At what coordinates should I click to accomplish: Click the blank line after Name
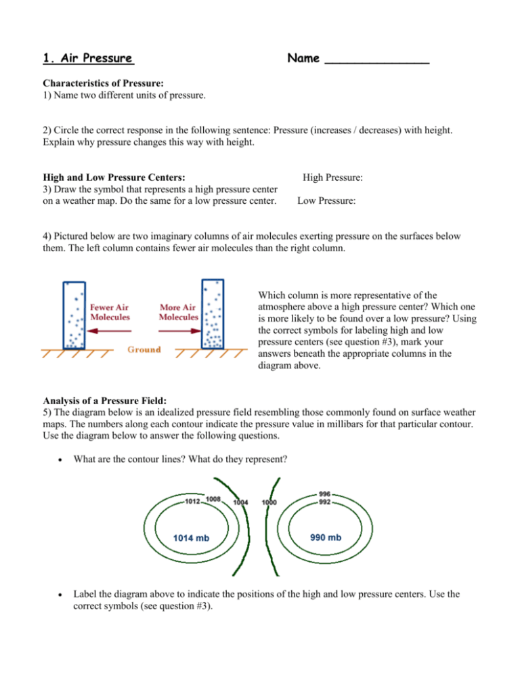[x=377, y=61]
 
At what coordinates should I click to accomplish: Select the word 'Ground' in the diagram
[x=142, y=349]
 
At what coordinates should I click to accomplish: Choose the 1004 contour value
[x=242, y=502]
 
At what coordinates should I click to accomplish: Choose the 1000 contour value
[x=270, y=502]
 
